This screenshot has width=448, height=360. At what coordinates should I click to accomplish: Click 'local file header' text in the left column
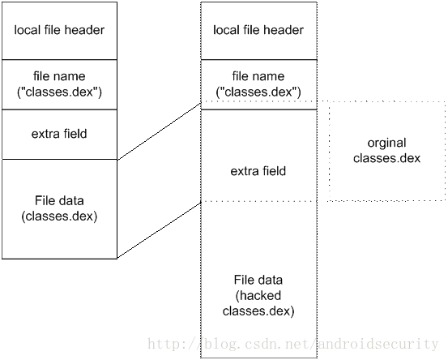coord(59,30)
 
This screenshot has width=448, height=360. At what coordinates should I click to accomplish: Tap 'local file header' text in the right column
coord(258,30)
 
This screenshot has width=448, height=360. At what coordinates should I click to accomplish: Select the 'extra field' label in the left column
coord(59,134)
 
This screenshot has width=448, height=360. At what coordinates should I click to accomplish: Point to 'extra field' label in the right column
coord(258,171)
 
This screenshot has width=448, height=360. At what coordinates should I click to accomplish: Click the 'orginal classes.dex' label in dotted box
coord(386,150)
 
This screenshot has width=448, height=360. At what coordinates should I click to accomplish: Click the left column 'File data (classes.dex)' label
coord(59,208)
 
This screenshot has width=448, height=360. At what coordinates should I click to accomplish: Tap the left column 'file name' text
coord(59,76)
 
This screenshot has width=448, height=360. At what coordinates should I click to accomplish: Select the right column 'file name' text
coord(258,76)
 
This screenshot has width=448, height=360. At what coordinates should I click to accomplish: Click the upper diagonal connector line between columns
coord(159,131)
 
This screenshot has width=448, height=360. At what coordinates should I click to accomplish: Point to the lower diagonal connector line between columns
coord(159,230)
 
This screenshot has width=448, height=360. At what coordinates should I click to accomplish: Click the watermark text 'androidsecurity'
coord(378,344)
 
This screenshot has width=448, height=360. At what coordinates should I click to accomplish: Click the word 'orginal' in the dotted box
coord(386,143)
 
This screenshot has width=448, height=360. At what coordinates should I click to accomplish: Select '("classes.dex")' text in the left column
coord(59,92)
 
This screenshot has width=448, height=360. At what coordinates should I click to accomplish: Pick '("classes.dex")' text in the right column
coord(258,92)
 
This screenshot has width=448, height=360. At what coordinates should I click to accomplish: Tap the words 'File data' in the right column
coord(258,280)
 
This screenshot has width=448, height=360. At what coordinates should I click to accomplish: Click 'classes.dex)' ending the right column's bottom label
coord(258,311)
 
